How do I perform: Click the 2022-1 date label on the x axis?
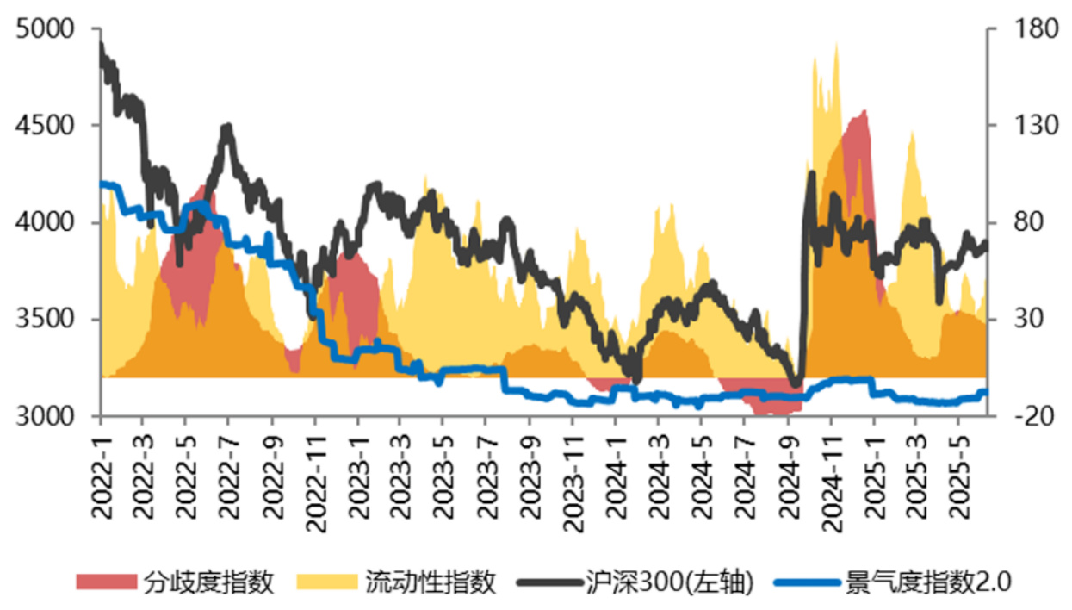102,471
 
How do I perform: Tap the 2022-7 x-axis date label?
229,471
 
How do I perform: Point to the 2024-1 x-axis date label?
615,471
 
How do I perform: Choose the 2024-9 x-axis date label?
786,471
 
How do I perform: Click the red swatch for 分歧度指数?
106,582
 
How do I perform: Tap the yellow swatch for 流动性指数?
325,582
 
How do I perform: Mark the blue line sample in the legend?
805,582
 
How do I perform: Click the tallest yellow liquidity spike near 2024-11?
836,43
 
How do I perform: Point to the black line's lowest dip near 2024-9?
796,385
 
